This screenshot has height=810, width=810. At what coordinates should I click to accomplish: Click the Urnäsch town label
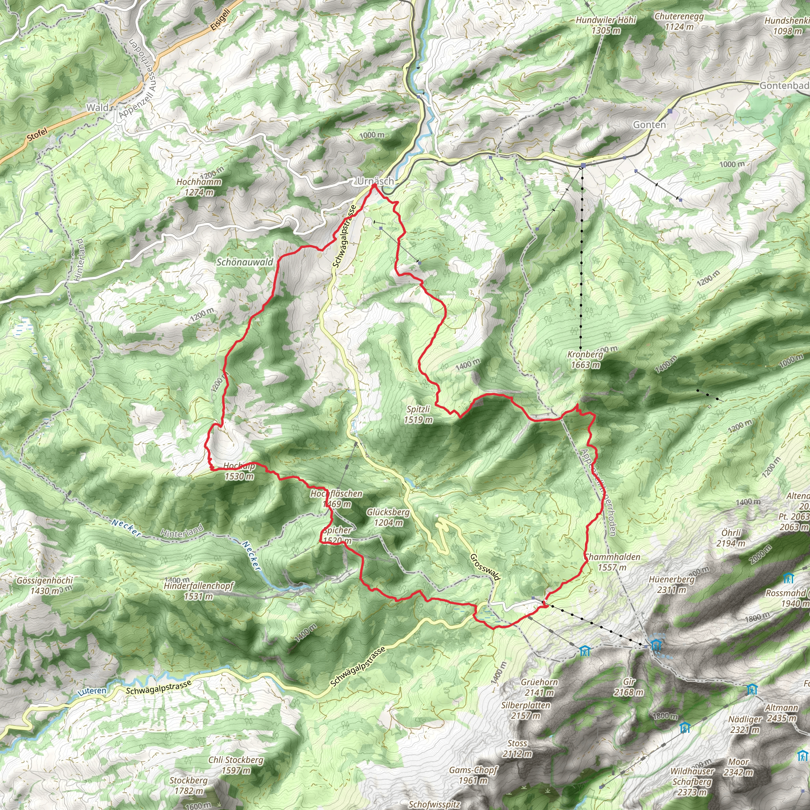(x=375, y=181)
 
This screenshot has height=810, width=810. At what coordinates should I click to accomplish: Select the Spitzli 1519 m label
(x=418, y=414)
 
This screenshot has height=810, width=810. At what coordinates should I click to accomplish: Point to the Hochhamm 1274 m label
(x=199, y=187)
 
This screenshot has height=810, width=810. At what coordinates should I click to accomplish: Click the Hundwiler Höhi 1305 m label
(x=606, y=25)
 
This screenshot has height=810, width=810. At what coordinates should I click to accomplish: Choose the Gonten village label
(x=649, y=125)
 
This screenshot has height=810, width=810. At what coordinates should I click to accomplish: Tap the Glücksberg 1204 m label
(x=388, y=517)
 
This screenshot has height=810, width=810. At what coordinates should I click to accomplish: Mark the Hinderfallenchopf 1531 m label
(x=199, y=591)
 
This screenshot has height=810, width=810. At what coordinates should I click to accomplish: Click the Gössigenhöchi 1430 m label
(x=45, y=586)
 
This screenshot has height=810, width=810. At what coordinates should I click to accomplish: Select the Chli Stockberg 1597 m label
(x=236, y=765)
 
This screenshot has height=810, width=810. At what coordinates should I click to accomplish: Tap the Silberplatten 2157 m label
(x=525, y=710)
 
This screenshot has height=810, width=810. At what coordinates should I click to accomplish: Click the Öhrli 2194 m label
(x=731, y=538)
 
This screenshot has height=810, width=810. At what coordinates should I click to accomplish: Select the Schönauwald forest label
(x=244, y=263)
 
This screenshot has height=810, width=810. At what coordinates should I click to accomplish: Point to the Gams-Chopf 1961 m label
(x=473, y=775)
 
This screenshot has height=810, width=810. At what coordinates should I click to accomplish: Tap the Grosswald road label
(x=485, y=567)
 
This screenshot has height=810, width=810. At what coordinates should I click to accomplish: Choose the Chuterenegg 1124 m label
(x=679, y=21)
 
